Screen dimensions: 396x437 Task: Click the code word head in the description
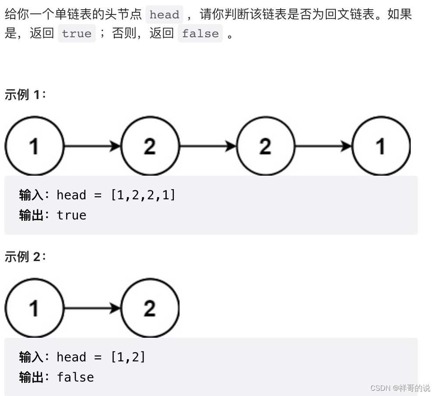164,14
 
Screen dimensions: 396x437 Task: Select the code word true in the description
77,34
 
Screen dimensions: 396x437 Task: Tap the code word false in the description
200,34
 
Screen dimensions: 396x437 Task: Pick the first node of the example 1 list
34,146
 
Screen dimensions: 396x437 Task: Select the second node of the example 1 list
150,146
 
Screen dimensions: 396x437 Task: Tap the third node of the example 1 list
265,146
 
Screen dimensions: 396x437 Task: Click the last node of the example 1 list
381,146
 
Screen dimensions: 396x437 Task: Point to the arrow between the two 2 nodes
208,146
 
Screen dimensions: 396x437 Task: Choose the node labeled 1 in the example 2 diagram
34,308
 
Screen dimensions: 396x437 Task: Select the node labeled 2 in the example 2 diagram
150,308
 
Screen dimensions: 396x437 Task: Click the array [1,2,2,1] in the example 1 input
143,195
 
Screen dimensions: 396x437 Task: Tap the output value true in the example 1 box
71,215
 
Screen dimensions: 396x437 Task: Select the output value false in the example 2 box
75,377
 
